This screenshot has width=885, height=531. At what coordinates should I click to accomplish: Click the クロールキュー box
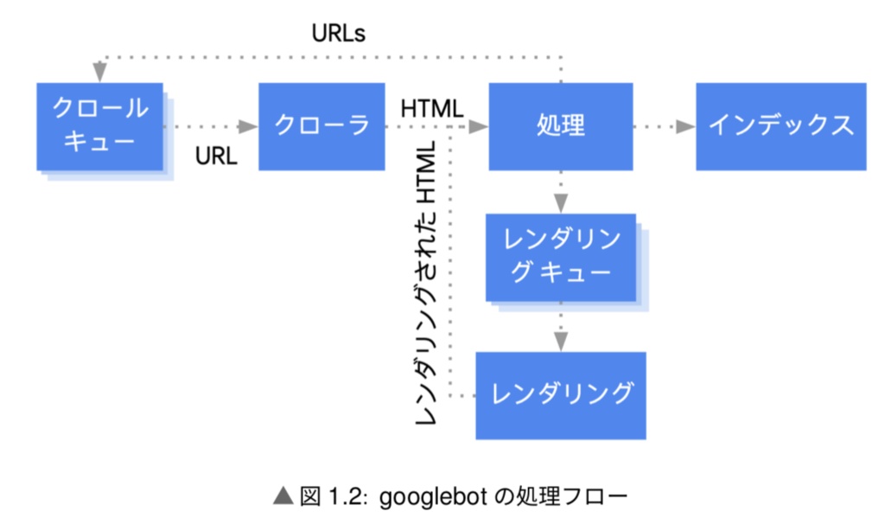pos(99,126)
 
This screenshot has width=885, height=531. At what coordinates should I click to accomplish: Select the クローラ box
pos(322,126)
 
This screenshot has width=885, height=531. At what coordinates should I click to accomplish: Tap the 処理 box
pos(561,126)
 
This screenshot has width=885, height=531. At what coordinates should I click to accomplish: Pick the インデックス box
pos(780,126)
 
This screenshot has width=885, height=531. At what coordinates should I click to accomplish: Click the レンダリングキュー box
pos(561,257)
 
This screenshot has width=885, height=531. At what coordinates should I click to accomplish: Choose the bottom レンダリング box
pos(561,394)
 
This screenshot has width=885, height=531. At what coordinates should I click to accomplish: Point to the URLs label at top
pos(339,34)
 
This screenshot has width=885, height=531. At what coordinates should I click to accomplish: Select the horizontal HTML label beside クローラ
pos(432,109)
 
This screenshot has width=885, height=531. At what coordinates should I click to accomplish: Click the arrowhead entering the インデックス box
pos(685,126)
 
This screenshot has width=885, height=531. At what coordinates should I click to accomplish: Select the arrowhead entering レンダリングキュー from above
pos(561,204)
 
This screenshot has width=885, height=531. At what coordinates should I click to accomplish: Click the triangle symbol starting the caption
pos(283,496)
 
